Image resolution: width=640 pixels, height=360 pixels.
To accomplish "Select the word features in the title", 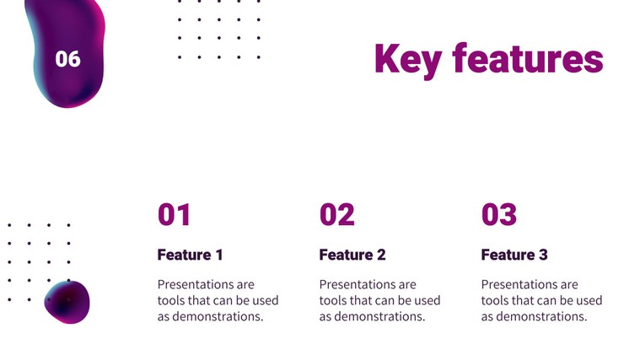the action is click(x=528, y=58).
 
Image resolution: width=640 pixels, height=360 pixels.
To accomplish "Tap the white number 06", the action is click(x=67, y=59).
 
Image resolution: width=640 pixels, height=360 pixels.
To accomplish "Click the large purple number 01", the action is click(x=174, y=215).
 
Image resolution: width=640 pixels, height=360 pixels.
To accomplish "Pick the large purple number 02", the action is click(x=336, y=215).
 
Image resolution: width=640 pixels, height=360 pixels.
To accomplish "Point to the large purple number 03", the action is click(x=499, y=215).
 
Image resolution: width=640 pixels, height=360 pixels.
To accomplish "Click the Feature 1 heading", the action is click(x=191, y=255).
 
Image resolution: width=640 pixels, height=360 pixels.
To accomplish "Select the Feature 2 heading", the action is click(x=352, y=255).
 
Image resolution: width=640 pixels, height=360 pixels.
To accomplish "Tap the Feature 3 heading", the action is click(x=514, y=255).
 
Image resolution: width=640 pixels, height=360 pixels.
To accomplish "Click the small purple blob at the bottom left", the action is click(x=67, y=302).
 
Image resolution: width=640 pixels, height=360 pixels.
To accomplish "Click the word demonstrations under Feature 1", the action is click(x=218, y=316).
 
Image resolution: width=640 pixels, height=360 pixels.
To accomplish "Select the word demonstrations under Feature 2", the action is click(x=379, y=316).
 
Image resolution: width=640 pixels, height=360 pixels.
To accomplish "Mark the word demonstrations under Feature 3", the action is click(x=541, y=316).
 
